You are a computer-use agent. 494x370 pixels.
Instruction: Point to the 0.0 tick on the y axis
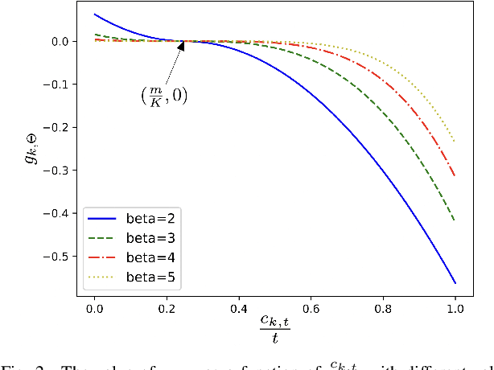(x=59, y=41)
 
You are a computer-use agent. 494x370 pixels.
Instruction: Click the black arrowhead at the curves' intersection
(x=182, y=45)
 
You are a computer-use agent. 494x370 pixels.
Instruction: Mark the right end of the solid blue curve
(x=455, y=283)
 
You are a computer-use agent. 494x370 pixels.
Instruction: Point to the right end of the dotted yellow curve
(x=455, y=142)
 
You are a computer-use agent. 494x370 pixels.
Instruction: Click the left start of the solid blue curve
(x=95, y=14)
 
